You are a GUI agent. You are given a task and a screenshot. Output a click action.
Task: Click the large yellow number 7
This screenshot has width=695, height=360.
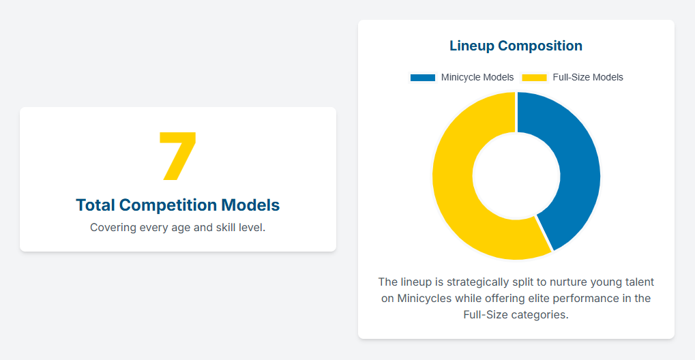tap(177, 157)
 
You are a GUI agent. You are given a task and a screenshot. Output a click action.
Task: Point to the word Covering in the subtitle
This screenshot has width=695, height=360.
tap(113, 227)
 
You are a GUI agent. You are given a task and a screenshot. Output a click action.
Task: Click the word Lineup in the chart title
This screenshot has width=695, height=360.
tap(471, 46)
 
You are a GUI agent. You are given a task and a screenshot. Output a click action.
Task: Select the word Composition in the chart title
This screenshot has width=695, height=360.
tap(540, 46)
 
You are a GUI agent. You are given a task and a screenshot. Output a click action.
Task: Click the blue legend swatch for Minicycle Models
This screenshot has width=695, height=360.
tap(422, 78)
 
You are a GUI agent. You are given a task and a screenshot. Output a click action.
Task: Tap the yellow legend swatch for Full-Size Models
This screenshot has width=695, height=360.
tap(534, 78)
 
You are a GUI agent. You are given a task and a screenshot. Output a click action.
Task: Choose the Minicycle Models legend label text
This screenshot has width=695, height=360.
tap(477, 78)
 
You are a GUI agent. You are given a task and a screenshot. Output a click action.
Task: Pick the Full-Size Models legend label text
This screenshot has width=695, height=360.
tap(588, 78)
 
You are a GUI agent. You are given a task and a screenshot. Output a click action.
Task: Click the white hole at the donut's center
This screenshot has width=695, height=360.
tap(516, 176)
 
